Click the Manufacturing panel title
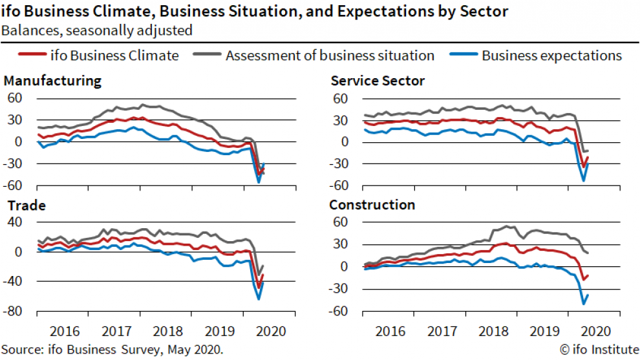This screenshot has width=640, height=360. [x=52, y=81]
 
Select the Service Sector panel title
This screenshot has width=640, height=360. [x=377, y=81]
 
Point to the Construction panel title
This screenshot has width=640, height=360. [x=372, y=206]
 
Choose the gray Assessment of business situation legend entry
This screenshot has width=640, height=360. [x=330, y=56]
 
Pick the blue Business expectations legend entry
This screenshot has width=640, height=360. [x=551, y=56]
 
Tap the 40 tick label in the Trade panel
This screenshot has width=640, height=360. [x=15, y=222]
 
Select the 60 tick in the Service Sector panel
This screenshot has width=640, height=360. [x=341, y=99]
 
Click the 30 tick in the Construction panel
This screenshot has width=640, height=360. [x=341, y=245]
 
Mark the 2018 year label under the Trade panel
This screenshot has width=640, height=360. [x=167, y=332]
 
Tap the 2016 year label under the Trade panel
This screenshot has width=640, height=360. [x=65, y=332]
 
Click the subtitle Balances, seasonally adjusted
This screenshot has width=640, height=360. [x=96, y=30]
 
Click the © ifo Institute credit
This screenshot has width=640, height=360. [x=597, y=350]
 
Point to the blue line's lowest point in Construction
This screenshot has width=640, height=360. [x=584, y=303]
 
